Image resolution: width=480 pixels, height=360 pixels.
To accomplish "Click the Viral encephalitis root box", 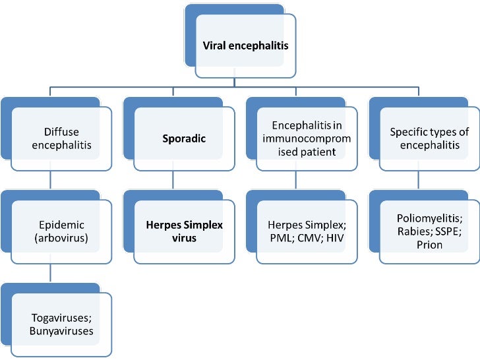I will point(245,47).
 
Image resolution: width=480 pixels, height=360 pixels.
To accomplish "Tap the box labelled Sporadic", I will point(184,139).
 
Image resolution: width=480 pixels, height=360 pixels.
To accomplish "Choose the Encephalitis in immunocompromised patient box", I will point(306,138).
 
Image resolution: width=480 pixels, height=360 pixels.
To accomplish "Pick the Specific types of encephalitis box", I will point(429,138).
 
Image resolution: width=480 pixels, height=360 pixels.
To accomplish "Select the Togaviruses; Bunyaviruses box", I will point(61,324).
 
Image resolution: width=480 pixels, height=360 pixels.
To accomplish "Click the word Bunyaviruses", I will point(61,330).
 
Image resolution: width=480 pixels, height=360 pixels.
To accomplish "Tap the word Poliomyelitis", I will point(429,218).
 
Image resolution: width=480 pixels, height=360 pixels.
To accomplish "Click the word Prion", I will point(429,245).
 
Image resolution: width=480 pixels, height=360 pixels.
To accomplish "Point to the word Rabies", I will point(413,231).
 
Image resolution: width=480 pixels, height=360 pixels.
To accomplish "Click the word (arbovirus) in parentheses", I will point(61,239).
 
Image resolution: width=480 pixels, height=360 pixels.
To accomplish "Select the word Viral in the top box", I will point(214,47).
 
